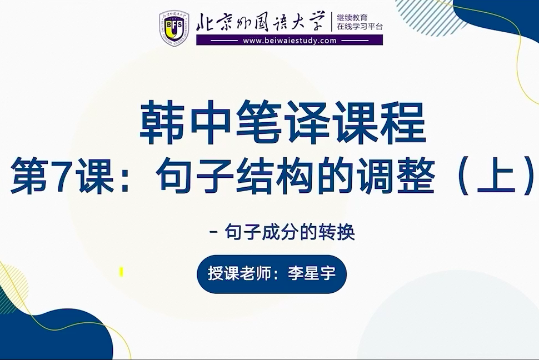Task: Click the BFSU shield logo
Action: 174,28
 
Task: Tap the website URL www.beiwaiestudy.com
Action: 290,41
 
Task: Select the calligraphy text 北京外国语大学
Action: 261,22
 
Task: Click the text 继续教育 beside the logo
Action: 352,18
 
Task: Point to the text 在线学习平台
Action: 360,27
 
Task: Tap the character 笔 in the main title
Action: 258,122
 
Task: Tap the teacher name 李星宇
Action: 311,274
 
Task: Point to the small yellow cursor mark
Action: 121,272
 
